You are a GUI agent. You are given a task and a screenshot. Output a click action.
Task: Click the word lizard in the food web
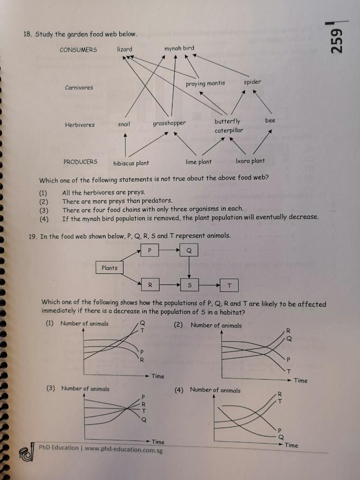tap(124, 49)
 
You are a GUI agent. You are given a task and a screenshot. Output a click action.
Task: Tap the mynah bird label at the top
tap(179, 48)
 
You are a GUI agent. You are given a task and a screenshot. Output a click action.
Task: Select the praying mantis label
tap(205, 83)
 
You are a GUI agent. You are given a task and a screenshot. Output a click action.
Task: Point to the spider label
tap(252, 82)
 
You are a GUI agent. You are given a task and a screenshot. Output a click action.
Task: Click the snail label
tap(124, 124)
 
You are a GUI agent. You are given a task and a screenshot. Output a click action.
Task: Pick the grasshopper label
tap(169, 123)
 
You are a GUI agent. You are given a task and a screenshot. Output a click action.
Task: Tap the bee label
tap(270, 120)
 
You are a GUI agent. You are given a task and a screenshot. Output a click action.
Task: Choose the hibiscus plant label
tap(131, 163)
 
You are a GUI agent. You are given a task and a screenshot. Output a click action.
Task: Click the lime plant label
tap(199, 162)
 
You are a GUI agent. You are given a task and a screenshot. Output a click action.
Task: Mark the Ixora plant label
tap(250, 161)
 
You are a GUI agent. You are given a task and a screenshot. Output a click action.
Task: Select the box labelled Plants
tap(109, 268)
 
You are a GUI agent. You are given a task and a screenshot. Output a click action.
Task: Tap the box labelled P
tap(150, 251)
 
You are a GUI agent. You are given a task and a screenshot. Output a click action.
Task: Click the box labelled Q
tap(189, 251)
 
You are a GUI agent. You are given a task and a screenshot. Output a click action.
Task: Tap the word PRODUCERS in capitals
tap(80, 162)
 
